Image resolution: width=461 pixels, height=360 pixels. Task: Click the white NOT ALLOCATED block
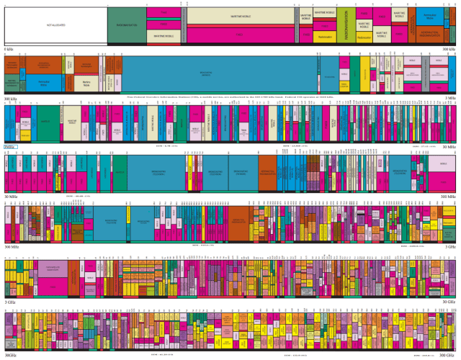55,25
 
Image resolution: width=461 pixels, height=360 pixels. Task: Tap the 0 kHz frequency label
9,49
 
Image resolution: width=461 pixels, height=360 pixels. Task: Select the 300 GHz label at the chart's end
447,355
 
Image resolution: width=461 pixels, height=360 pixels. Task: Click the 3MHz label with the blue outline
10,147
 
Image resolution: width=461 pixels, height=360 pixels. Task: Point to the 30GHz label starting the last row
11,355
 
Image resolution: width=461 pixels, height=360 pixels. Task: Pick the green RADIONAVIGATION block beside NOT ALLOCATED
126,25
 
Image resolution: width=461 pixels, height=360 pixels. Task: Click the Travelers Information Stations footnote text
230,96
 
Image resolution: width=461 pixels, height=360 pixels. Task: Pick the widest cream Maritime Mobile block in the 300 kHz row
86,83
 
